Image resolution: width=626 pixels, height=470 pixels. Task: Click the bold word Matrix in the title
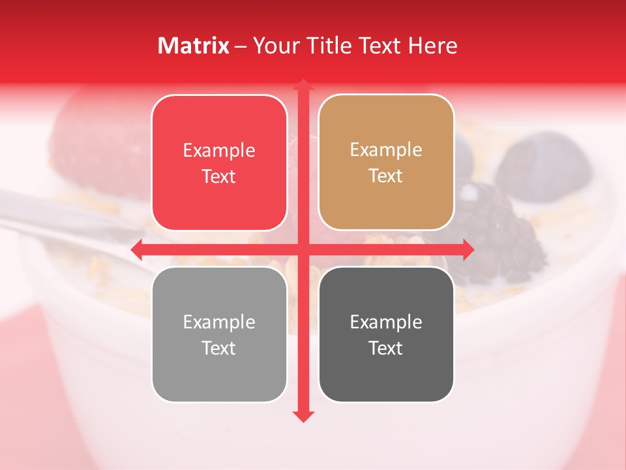pos(193,46)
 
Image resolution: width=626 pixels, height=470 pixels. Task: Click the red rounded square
pos(219,163)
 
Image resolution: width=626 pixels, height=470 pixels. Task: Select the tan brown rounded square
pos(386,163)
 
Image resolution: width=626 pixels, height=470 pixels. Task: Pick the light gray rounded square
pos(219,334)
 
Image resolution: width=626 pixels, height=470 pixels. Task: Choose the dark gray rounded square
pos(386,334)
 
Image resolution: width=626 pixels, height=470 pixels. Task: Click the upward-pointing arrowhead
pos(303,85)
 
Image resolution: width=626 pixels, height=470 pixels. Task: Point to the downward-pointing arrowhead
pos(303,416)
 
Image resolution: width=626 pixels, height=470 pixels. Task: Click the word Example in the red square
pos(219,151)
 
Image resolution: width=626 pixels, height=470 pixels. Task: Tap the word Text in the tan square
pos(386,176)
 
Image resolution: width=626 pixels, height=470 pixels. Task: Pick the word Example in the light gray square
pos(219,322)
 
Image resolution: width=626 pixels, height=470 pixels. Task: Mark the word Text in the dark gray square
pos(386,348)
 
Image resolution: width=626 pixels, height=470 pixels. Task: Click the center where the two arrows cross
pos(303,249)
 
